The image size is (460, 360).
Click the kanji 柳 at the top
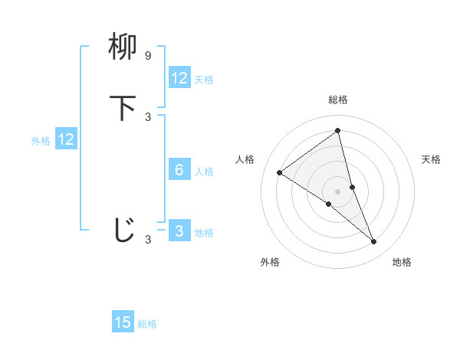(x=123, y=48)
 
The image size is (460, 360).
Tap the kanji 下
(x=123, y=108)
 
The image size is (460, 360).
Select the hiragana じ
(x=123, y=230)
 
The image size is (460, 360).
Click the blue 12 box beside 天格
(x=179, y=78)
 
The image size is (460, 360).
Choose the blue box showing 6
(x=179, y=170)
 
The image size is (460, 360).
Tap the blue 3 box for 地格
(x=179, y=231)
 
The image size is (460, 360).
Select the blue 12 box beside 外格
(x=66, y=139)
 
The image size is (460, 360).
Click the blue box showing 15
(x=123, y=322)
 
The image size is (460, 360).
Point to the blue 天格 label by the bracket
(x=204, y=79)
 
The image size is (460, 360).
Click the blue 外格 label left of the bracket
(x=41, y=140)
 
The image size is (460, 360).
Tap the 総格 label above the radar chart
(x=337, y=100)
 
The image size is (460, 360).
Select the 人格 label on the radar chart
(x=245, y=159)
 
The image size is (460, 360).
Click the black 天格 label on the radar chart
(x=431, y=159)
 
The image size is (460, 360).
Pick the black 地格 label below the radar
(x=402, y=262)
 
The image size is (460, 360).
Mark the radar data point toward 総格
(x=337, y=131)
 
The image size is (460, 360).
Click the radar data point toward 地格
(x=373, y=242)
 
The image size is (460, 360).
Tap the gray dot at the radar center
(x=337, y=191)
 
